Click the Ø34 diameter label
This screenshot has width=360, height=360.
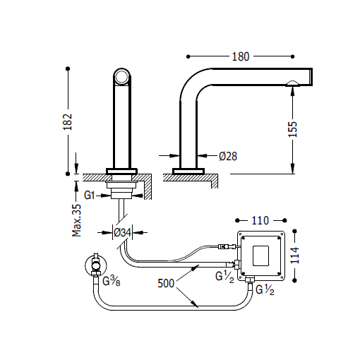click(124, 231)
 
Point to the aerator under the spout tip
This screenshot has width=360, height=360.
click(292, 85)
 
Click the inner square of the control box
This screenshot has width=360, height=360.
click(263, 253)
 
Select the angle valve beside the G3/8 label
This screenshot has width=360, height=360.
click(93, 265)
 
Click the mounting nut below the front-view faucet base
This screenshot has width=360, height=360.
click(124, 187)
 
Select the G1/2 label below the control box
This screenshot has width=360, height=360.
click(265, 289)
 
